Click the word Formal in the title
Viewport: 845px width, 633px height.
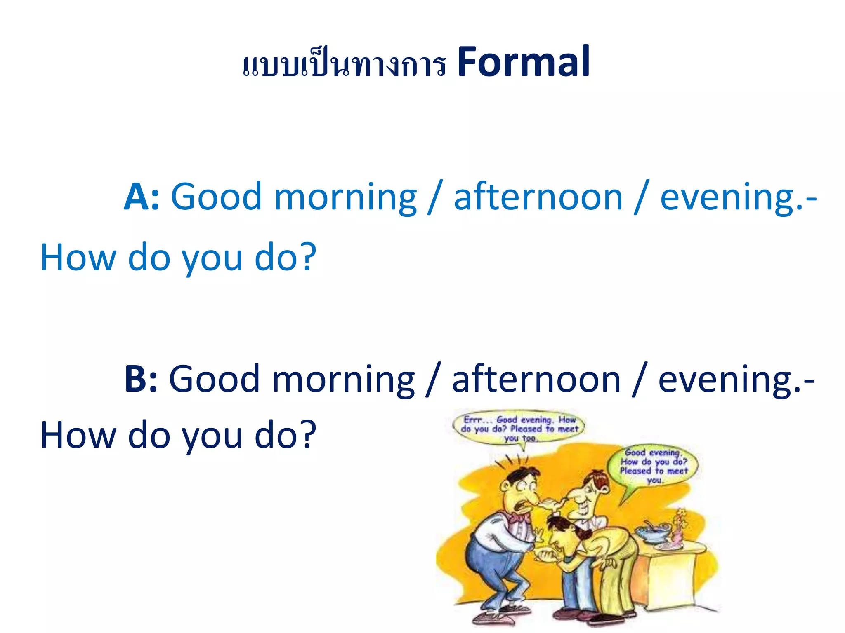523,63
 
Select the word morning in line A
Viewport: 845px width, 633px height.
345,197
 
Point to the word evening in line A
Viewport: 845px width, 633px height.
726,197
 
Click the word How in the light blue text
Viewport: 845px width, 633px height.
78,258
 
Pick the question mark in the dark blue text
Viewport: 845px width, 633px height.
307,435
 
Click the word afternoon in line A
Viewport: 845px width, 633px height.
538,197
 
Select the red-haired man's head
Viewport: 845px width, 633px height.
588,492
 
